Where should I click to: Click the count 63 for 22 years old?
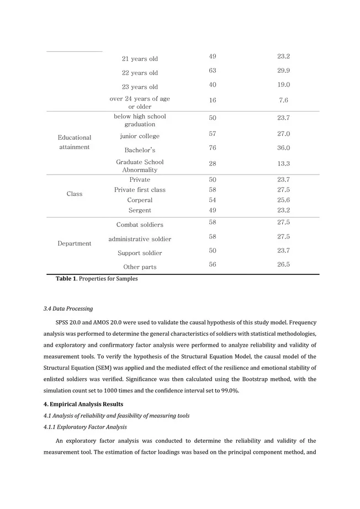pyautogui.click(x=213, y=71)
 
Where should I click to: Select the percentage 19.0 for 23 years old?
pyautogui.click(x=284, y=85)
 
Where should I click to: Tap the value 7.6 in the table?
pyautogui.click(x=284, y=100)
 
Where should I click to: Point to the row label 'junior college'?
pyautogui.click(x=140, y=136)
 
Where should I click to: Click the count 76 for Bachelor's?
pyautogui.click(x=213, y=148)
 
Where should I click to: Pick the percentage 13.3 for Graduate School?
pyautogui.click(x=284, y=164)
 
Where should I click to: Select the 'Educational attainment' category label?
pyautogui.click(x=75, y=142)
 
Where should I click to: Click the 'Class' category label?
pyautogui.click(x=75, y=194)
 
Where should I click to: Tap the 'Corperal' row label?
pyautogui.click(x=140, y=200)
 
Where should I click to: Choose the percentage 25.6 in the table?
pyautogui.click(x=284, y=200)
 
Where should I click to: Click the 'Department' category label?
pyautogui.click(x=75, y=244)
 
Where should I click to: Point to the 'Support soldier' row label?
pyautogui.click(x=140, y=253)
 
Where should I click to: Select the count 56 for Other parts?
pyautogui.click(x=213, y=265)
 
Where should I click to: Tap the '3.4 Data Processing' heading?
pyautogui.click(x=68, y=309)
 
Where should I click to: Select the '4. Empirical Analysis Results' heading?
pyautogui.click(x=83, y=404)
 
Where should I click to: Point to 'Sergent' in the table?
pyautogui.click(x=140, y=211)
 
